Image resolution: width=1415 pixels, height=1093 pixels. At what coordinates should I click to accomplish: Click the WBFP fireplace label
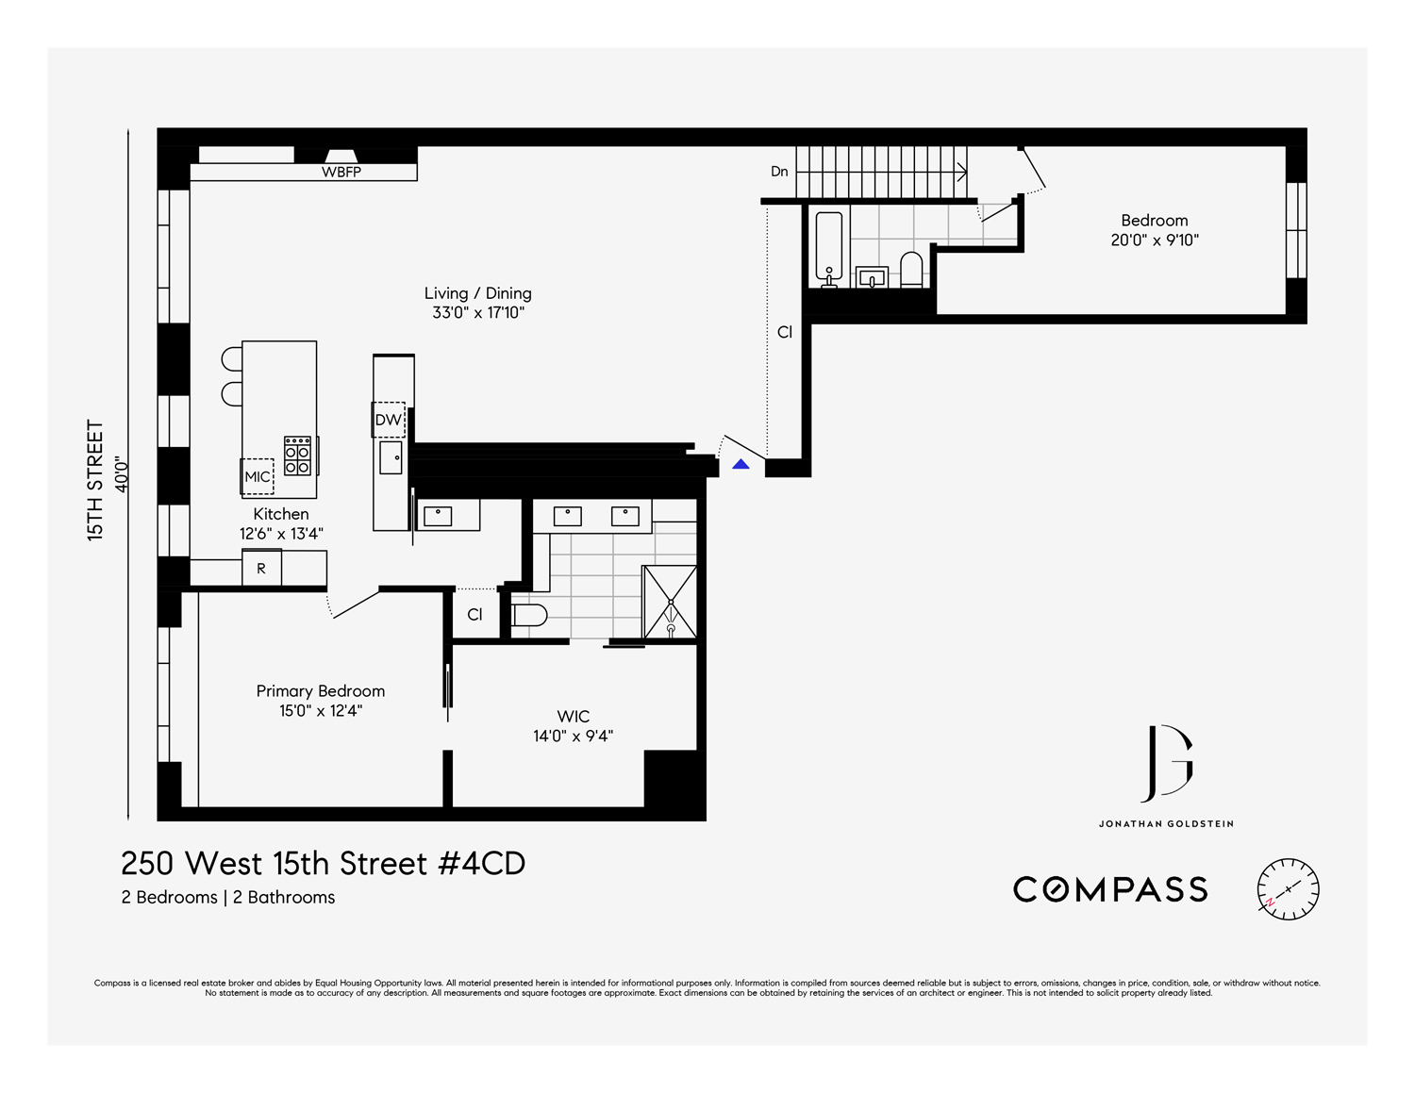[341, 172]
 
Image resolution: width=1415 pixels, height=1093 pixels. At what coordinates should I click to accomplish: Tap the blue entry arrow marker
[741, 464]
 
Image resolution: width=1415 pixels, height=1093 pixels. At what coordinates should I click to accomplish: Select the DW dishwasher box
[389, 420]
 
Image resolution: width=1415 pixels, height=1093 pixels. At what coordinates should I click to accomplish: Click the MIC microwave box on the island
[258, 476]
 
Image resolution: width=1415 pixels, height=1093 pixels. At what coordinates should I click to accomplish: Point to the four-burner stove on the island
[298, 455]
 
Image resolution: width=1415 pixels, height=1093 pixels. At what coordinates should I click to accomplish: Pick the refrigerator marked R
[261, 569]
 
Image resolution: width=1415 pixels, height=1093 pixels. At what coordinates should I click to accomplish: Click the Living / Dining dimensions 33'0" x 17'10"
[478, 313]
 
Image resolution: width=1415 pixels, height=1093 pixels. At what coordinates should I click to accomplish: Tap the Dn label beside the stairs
[779, 172]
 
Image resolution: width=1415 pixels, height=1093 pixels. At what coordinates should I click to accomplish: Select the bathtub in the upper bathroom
[829, 247]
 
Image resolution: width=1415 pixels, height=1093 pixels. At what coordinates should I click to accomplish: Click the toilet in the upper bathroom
[911, 269]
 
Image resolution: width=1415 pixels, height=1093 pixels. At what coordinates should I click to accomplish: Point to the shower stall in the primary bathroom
[670, 602]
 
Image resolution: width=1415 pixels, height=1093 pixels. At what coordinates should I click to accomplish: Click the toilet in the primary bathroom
[529, 616]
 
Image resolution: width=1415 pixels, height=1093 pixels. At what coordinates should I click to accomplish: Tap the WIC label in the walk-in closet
[573, 717]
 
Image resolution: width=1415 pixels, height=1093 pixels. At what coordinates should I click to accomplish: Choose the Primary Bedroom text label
[321, 691]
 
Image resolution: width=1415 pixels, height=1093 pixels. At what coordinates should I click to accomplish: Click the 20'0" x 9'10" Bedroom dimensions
[1155, 240]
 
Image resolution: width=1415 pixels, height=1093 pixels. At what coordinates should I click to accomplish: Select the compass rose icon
[1288, 889]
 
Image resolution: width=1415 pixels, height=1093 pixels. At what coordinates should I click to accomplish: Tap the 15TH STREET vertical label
[95, 480]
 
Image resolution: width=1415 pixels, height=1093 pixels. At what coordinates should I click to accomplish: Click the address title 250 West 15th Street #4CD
[324, 863]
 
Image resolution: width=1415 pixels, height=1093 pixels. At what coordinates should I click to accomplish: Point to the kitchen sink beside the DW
[391, 458]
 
